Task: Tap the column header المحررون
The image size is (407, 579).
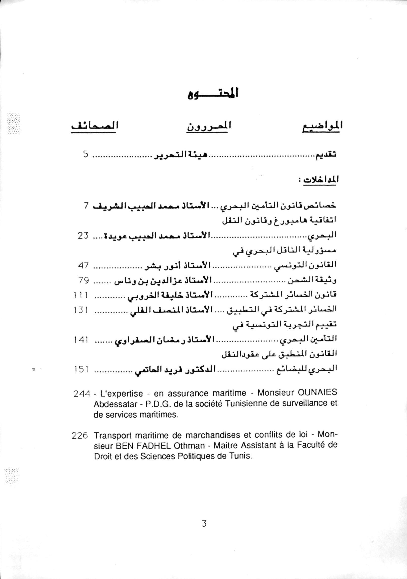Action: tap(209, 126)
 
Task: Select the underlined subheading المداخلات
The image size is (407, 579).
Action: tap(321, 180)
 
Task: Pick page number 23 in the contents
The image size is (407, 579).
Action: tap(83, 237)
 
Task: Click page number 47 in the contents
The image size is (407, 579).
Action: tap(83, 265)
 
